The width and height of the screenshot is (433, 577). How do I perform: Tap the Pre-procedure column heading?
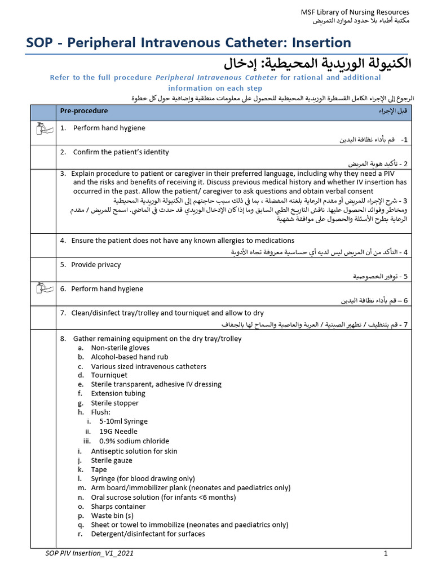tap(84, 111)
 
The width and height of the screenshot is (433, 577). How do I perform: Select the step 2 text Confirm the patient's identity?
tap(121, 152)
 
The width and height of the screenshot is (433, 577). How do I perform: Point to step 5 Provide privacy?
tap(96, 264)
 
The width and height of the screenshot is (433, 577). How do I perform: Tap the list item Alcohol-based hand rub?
tap(130, 357)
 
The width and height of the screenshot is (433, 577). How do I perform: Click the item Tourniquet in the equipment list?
tap(109, 375)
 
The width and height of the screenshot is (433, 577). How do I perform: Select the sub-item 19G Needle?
tap(118, 432)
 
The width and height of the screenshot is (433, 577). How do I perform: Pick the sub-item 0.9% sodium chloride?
tap(134, 441)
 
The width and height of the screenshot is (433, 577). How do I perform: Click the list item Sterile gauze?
tap(112, 460)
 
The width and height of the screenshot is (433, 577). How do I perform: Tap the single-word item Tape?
tap(99, 469)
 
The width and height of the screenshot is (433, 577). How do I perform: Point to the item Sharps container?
tap(118, 507)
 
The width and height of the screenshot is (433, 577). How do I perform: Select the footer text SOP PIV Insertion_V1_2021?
tap(90, 554)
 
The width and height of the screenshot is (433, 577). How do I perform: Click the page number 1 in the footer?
tap(386, 554)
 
